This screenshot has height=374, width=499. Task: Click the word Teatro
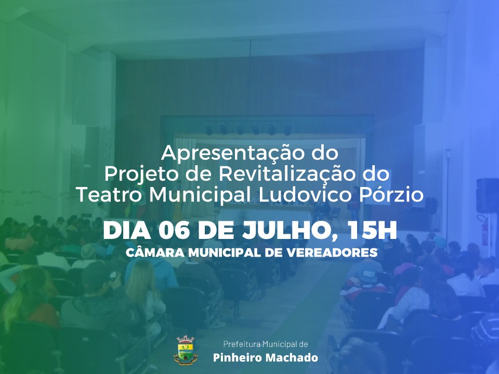(109, 194)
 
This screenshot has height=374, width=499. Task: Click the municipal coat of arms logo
(186, 349)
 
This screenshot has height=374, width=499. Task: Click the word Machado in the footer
(292, 357)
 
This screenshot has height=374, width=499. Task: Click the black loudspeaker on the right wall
(487, 195)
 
